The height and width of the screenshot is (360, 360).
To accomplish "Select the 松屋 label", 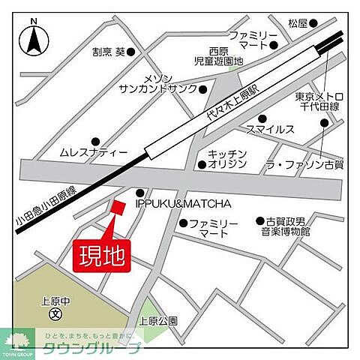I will pos(298,22).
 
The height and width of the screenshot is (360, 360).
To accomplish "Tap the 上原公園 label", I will pos(158,321).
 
